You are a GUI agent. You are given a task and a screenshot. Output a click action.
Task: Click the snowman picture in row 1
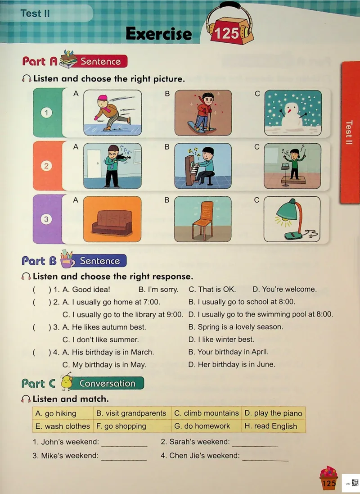click(x=293, y=113)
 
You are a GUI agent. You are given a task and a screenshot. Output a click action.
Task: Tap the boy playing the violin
click(x=112, y=166)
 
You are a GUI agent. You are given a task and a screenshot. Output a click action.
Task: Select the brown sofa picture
click(x=112, y=219)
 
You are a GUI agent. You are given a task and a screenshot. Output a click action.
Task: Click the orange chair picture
click(x=203, y=219)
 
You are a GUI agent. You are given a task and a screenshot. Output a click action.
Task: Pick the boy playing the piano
click(x=203, y=166)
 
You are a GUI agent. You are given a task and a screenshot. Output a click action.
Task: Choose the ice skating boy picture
click(x=112, y=113)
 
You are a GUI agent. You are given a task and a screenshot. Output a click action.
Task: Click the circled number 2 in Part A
click(x=46, y=166)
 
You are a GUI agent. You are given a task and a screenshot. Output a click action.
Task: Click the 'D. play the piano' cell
click(x=274, y=413)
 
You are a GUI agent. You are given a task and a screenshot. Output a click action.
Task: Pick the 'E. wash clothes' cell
click(x=63, y=426)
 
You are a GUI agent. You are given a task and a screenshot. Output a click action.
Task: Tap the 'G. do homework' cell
click(x=207, y=426)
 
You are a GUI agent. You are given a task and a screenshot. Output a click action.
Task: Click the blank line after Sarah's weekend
click(x=255, y=446)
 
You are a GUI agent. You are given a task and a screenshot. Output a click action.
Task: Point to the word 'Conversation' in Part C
click(x=108, y=383)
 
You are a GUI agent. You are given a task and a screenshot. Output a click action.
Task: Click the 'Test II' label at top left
click(x=35, y=14)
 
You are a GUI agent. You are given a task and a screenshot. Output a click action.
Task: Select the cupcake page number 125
click(x=329, y=483)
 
